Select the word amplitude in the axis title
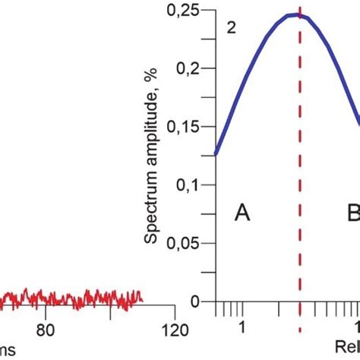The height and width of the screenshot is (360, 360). click(x=152, y=126)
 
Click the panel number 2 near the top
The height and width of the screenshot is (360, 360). click(x=230, y=28)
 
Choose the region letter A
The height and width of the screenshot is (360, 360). click(x=242, y=213)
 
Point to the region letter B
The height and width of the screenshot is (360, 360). click(x=353, y=213)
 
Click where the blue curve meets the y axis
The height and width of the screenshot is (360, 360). click(x=216, y=154)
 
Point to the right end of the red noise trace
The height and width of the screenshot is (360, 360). click(x=142, y=296)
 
